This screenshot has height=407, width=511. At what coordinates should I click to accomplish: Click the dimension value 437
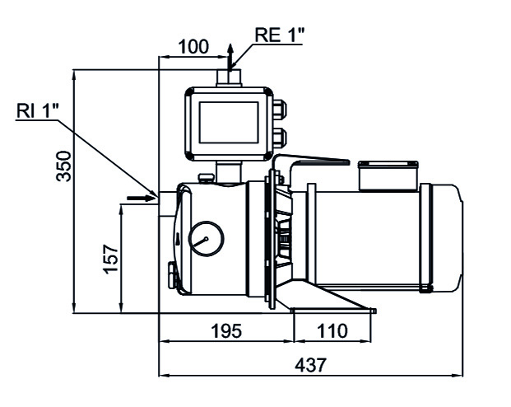tap(310, 363)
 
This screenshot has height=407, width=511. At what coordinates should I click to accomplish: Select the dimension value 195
tap(225, 331)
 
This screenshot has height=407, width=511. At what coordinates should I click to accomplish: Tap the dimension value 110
tap(332, 331)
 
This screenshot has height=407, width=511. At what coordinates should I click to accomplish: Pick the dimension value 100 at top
tap(193, 47)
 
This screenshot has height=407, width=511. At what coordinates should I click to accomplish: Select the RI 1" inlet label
tap(37, 110)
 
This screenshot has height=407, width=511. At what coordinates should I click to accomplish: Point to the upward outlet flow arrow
tap(231, 57)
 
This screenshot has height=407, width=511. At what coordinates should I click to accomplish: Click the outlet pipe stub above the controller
tap(228, 78)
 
